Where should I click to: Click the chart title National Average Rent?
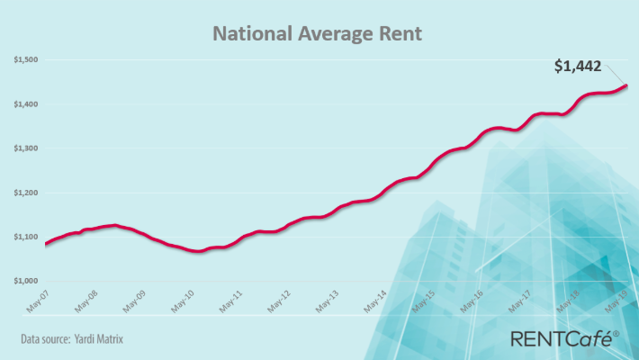click(317, 35)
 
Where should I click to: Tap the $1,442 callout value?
click(578, 65)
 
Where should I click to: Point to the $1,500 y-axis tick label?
click(25, 60)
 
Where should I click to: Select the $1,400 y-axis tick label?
click(25, 104)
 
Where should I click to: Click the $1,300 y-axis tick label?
click(25, 148)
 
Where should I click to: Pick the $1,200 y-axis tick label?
click(25, 193)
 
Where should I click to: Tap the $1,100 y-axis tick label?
click(25, 237)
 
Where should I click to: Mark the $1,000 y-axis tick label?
click(25, 281)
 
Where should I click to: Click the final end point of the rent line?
click(625, 85)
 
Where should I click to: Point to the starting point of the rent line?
click(45, 244)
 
